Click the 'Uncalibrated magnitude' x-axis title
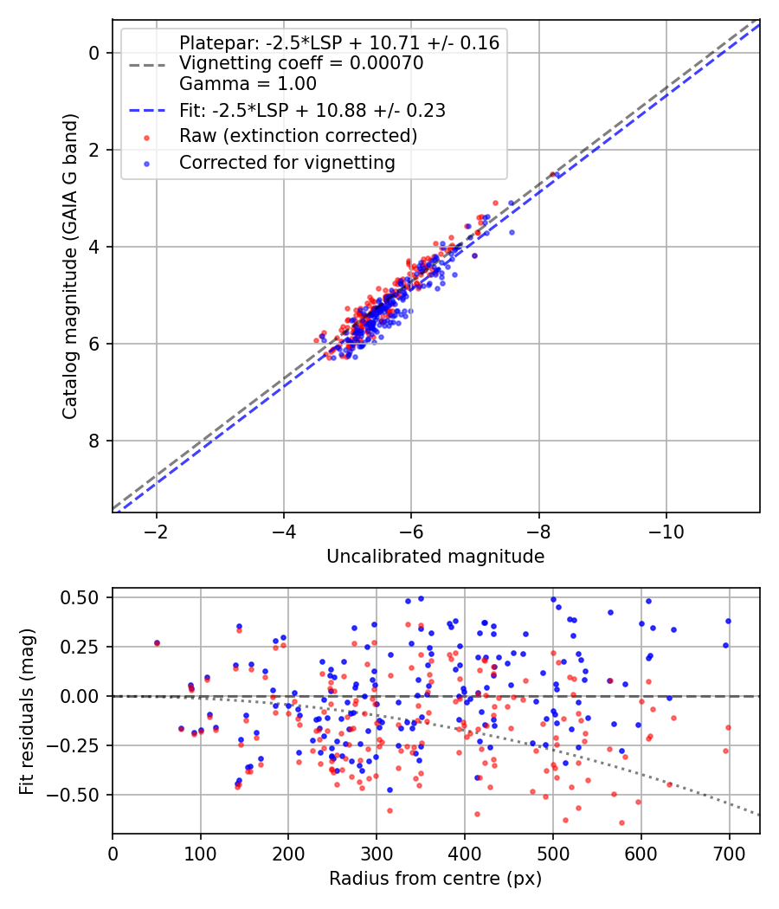coord(435,557)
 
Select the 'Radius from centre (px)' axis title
coord(435,879)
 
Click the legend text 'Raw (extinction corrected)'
coord(298,136)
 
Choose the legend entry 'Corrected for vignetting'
coord(286,163)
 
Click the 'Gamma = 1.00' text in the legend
coord(248,84)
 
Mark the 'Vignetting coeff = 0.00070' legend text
coord(301,63)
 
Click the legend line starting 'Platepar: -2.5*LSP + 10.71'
coord(339,42)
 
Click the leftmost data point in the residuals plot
coord(157,643)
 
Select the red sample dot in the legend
coord(146,137)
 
